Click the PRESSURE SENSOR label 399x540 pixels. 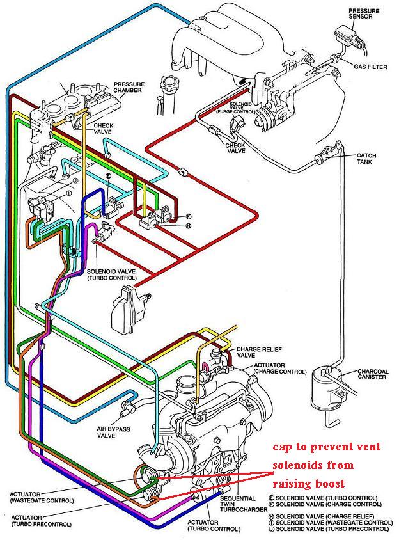(x=364, y=14)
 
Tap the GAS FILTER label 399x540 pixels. (x=370, y=67)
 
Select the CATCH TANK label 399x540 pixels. (x=366, y=159)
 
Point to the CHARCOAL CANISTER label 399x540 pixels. (x=373, y=374)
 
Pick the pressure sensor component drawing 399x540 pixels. (x=348, y=37)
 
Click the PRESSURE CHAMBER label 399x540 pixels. (x=129, y=87)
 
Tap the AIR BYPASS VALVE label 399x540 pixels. (x=113, y=433)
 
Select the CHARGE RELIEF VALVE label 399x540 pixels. (x=259, y=352)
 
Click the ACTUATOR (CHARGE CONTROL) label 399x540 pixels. (x=280, y=368)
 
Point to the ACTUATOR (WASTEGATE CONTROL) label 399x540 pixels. (x=42, y=497)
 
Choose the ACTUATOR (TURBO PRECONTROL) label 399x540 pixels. (x=42, y=521)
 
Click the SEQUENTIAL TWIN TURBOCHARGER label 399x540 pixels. (x=244, y=504)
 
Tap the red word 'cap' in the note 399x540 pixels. (x=283, y=447)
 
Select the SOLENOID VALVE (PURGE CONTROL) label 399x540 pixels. (x=236, y=107)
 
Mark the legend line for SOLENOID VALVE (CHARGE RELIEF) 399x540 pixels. (x=321, y=516)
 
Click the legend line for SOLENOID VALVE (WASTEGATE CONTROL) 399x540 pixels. (x=331, y=523)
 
